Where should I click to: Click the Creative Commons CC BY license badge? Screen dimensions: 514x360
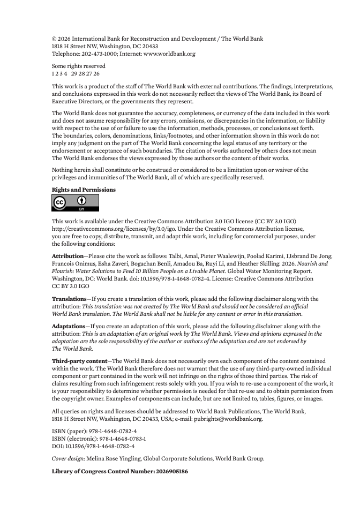coord(75,203)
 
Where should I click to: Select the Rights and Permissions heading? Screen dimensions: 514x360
coord(83,190)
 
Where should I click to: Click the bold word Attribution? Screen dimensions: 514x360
coord(67,256)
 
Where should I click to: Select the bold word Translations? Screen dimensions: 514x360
coord(69,298)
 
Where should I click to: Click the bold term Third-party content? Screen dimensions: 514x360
coord(79,361)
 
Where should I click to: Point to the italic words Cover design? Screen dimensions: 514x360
coord(69,458)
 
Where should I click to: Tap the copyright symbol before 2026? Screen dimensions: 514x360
coord(54,39)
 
